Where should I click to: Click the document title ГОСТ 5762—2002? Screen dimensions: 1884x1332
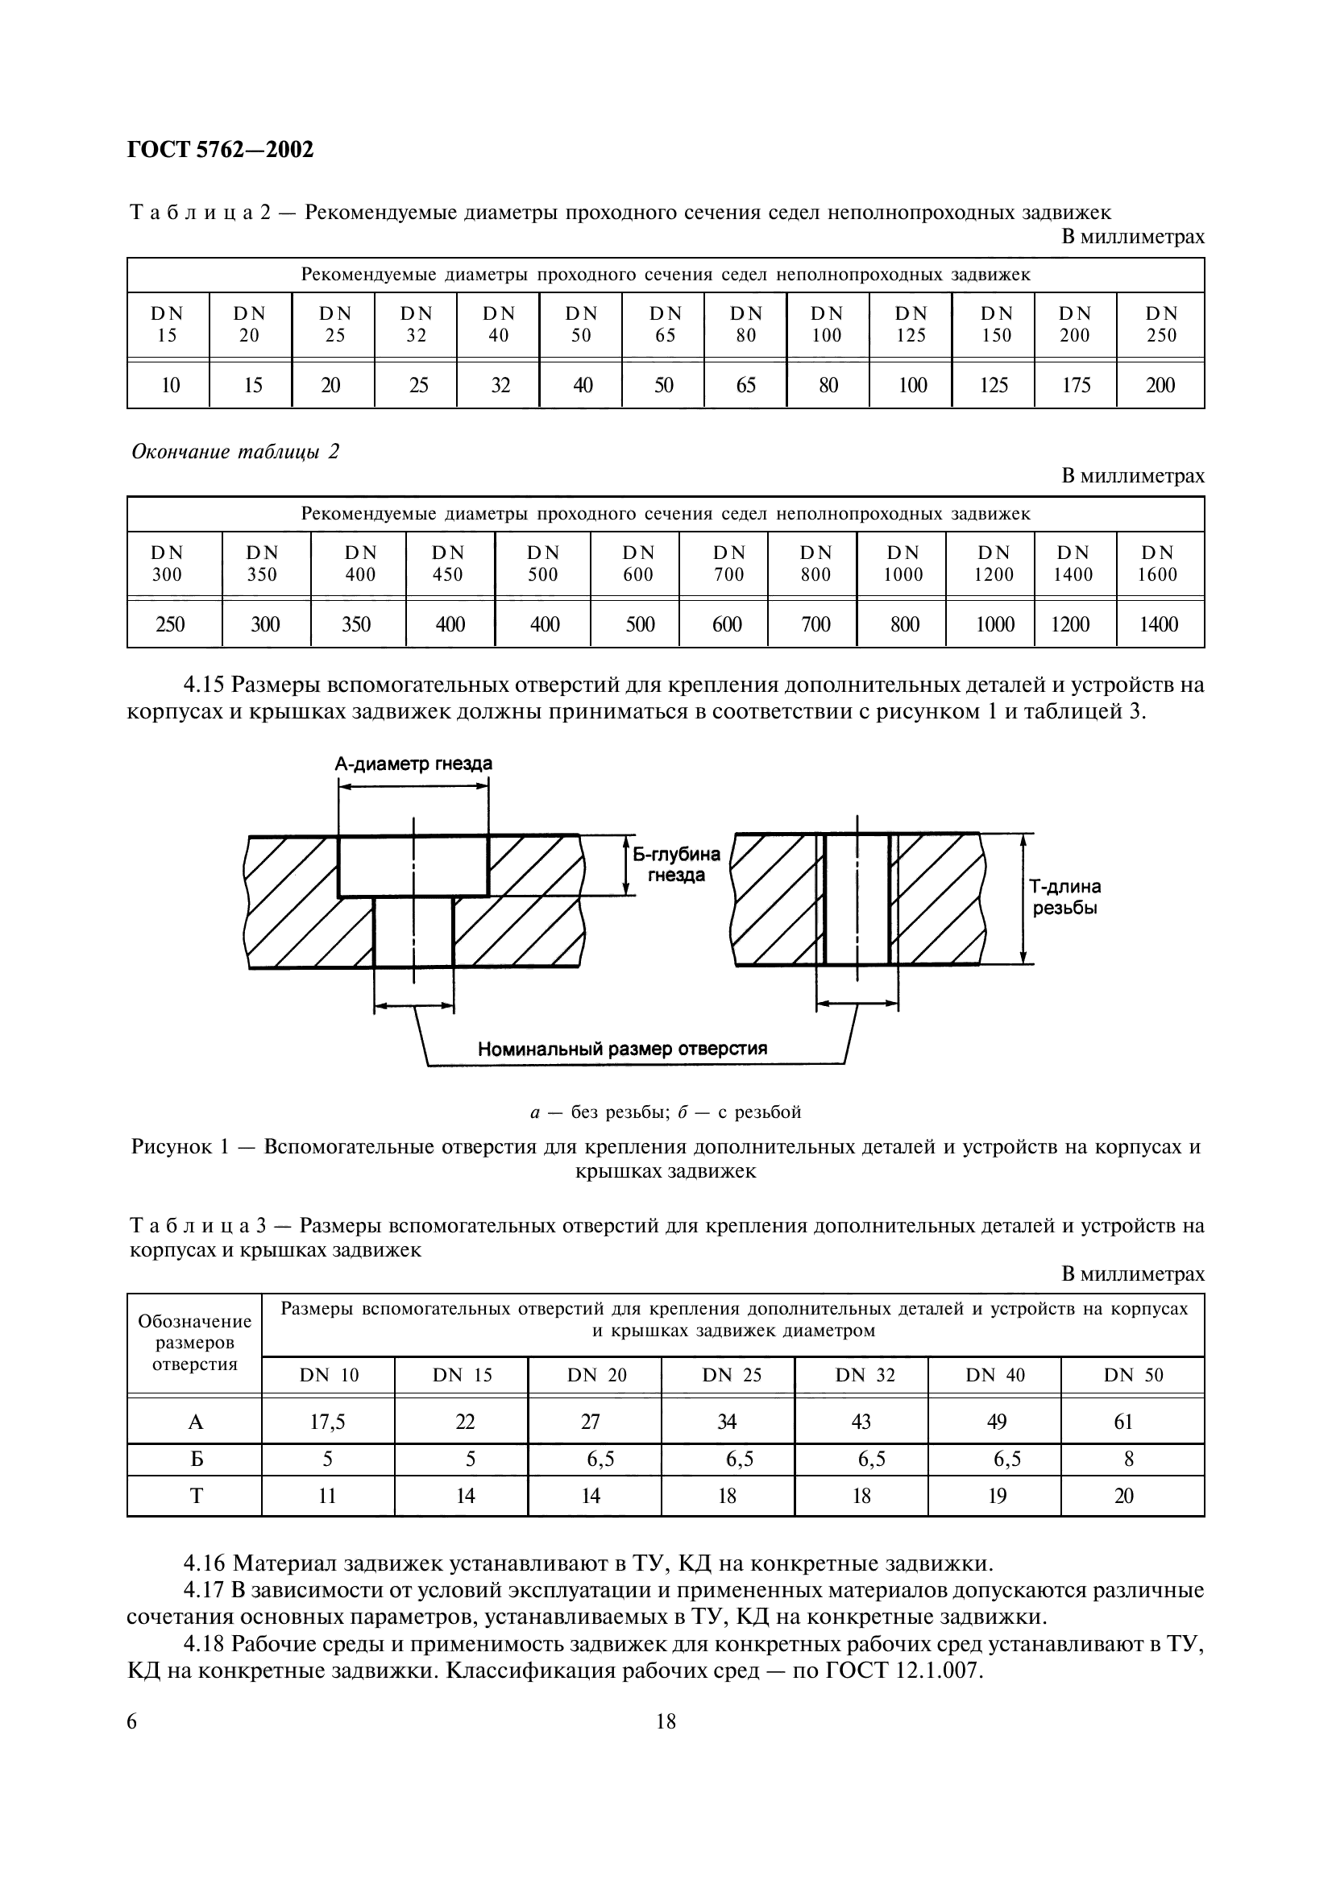[x=221, y=150]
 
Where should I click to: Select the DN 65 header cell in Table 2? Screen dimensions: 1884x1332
[x=665, y=324]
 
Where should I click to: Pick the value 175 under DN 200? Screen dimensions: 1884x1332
[x=1075, y=385]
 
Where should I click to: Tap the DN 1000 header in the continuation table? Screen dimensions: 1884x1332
[x=903, y=564]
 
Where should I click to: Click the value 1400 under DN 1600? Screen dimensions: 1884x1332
[x=1159, y=624]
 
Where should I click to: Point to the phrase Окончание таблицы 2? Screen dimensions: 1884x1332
[x=234, y=452]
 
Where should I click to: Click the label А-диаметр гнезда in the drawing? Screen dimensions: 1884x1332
[x=413, y=764]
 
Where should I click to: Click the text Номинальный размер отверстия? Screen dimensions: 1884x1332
[x=622, y=1049]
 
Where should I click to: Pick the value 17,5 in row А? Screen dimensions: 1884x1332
[x=327, y=1422]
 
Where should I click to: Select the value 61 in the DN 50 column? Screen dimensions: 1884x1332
[x=1123, y=1422]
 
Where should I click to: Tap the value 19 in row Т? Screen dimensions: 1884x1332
[x=996, y=1496]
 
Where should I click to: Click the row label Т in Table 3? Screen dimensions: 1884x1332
[x=196, y=1496]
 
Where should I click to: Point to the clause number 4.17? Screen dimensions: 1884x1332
[x=205, y=1590]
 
